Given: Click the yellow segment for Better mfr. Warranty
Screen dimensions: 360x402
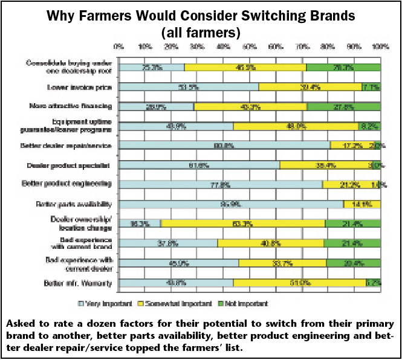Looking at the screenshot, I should coord(299,283).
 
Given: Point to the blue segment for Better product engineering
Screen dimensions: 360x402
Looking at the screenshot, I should coord(221,184).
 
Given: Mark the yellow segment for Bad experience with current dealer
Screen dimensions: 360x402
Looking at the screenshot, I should coord(282,263).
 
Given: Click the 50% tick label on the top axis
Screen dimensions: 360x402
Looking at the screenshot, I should coord(250,46).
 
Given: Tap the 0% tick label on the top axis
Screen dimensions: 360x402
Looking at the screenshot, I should coord(119,46).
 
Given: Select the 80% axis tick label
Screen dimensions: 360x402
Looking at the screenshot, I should coord(328,46).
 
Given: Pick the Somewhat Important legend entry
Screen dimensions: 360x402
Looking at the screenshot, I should coord(175,303).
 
